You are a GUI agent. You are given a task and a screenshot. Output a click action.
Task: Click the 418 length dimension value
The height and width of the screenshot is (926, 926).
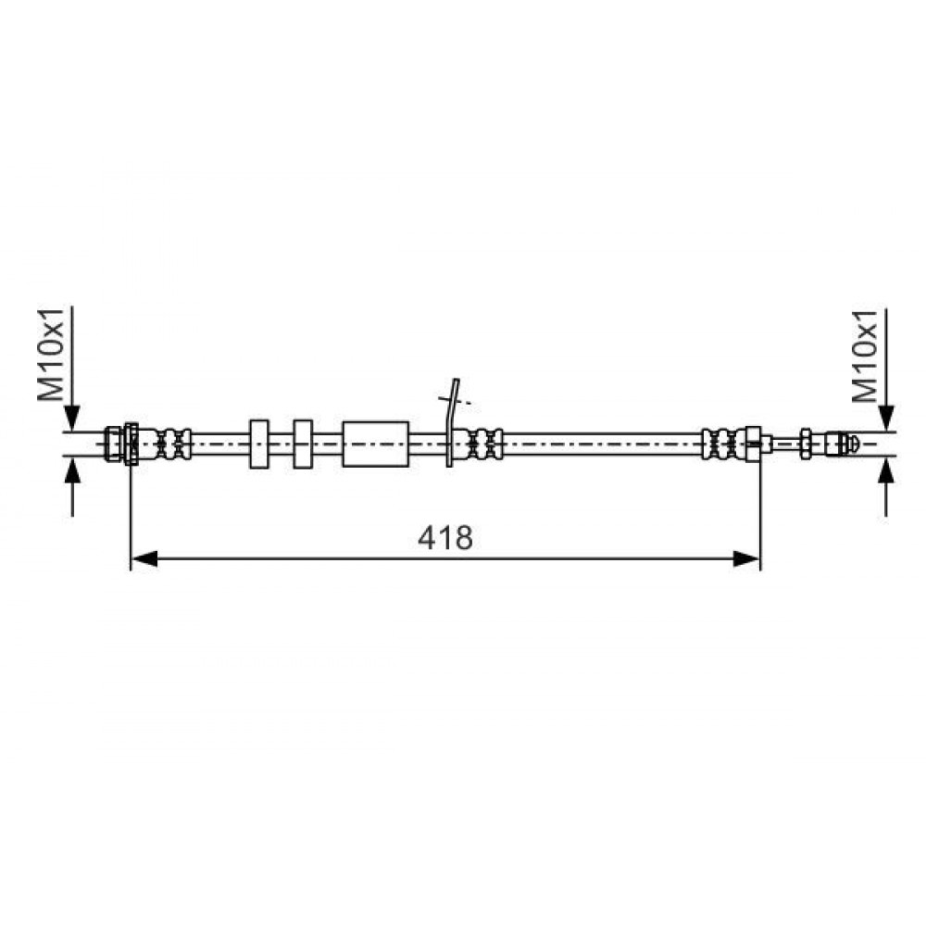click(445, 538)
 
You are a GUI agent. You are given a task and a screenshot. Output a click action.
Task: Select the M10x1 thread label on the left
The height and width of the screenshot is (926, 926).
click(51, 355)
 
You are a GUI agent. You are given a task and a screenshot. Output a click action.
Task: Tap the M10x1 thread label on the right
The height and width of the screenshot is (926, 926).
click(866, 356)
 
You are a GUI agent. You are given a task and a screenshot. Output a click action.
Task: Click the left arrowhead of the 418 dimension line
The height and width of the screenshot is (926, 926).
click(144, 558)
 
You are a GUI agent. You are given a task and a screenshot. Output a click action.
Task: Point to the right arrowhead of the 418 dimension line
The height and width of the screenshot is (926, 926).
click(746, 558)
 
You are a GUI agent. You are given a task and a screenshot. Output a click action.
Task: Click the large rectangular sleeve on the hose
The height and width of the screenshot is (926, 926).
click(376, 444)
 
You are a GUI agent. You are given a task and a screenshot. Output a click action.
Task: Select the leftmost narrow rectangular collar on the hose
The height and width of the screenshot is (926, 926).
click(259, 444)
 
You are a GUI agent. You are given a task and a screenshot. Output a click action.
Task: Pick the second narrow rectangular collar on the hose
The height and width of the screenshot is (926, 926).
click(303, 444)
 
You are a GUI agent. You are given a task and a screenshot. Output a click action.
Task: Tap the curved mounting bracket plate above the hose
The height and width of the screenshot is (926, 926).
click(452, 422)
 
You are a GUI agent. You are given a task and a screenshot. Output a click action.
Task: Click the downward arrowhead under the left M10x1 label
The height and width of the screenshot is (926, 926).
click(72, 419)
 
